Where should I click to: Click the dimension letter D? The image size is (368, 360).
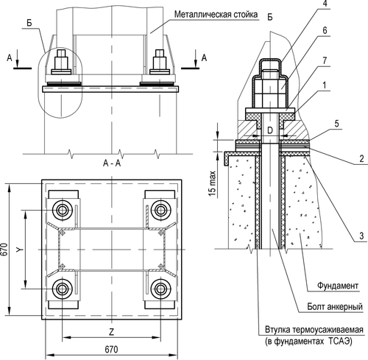270,130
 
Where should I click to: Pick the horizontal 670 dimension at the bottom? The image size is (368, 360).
110,349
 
